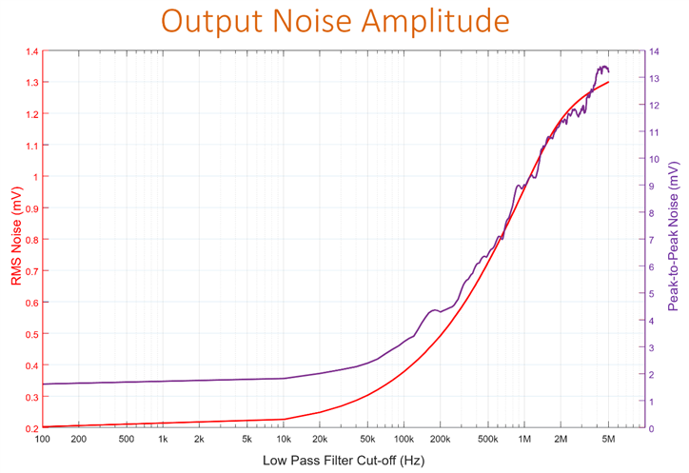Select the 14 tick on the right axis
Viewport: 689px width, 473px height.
(x=654, y=51)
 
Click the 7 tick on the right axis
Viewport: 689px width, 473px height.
(x=652, y=240)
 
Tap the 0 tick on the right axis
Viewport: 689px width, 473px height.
(x=652, y=428)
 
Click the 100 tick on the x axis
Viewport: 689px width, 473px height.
(x=42, y=440)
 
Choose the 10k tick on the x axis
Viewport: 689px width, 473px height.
(x=285, y=440)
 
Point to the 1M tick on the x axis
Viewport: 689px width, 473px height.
(x=525, y=440)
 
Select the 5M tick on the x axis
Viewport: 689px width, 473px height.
(x=609, y=440)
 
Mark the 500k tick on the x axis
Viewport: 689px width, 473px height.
(x=489, y=440)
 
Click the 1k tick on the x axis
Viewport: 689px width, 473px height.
(x=163, y=440)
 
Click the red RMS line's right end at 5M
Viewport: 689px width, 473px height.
(x=608, y=82)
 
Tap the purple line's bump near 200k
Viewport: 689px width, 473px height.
(x=435, y=310)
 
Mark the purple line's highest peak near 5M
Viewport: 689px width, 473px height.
(x=602, y=67)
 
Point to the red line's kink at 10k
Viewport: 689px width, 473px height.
(x=285, y=420)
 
